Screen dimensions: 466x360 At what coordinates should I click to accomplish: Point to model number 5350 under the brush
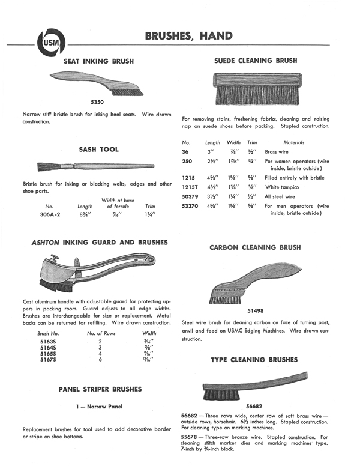98,102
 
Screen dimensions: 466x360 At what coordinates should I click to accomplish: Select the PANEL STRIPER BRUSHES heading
100,389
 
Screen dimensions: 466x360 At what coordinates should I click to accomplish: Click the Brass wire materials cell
277,152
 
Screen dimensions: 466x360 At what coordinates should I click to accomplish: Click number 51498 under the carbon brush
256,311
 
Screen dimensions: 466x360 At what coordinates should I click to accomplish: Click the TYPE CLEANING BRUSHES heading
254,359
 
